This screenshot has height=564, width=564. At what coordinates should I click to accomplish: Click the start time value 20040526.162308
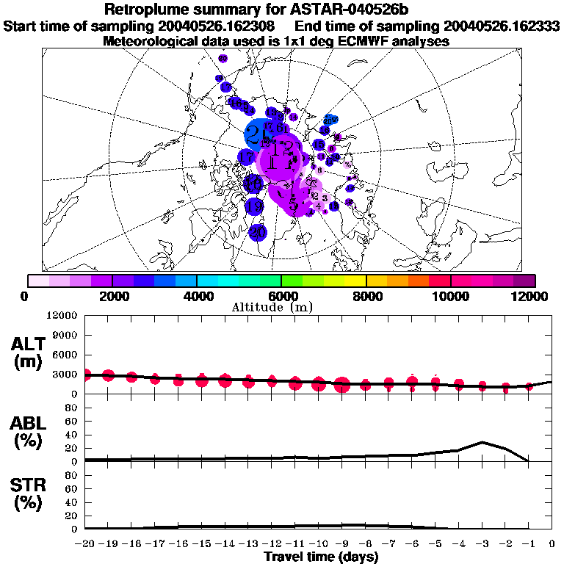[x=224, y=26]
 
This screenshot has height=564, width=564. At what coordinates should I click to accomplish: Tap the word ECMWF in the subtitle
[x=355, y=42]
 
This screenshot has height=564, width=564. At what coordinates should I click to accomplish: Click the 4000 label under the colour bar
[x=197, y=296]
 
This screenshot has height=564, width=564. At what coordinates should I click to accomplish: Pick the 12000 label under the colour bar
[x=532, y=296]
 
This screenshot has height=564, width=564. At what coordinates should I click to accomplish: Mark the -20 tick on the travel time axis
[x=84, y=544]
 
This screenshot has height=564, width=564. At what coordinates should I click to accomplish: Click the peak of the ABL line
[x=482, y=442]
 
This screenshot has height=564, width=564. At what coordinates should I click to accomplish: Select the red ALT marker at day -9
[x=342, y=385]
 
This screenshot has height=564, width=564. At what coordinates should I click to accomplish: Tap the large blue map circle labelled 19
[x=254, y=206]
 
